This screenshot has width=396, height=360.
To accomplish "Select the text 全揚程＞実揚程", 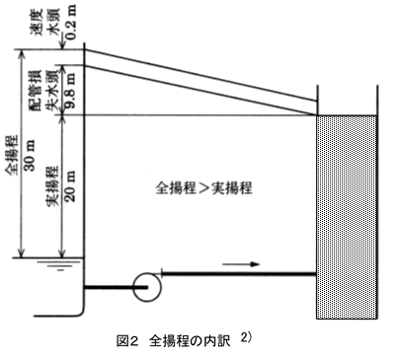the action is (x=204, y=188).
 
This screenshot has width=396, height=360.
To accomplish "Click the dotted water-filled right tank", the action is (x=347, y=217).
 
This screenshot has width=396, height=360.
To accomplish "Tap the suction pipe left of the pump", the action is (x=109, y=287).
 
